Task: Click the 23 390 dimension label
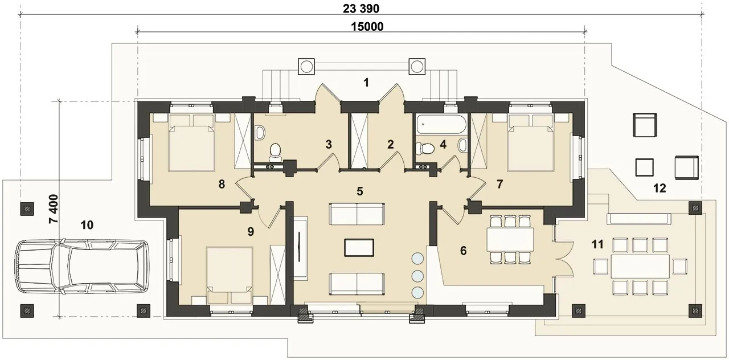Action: point(361,9)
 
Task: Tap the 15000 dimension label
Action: point(367,27)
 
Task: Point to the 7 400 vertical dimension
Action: point(54,208)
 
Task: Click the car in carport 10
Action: point(81,266)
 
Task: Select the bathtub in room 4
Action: point(440,124)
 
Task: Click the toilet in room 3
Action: point(276,152)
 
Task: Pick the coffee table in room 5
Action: point(359,248)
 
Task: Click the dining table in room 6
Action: point(510,239)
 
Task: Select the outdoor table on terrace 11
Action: point(640,266)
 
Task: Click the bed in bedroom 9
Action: point(230,275)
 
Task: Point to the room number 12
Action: point(660,188)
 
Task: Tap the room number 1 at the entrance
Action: point(366,83)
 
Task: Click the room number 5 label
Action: point(359,191)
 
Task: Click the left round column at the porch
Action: point(306,67)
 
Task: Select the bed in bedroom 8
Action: point(191,142)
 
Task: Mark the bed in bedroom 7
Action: point(531,142)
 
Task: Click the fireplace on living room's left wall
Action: point(300,247)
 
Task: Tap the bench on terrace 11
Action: point(639,219)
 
